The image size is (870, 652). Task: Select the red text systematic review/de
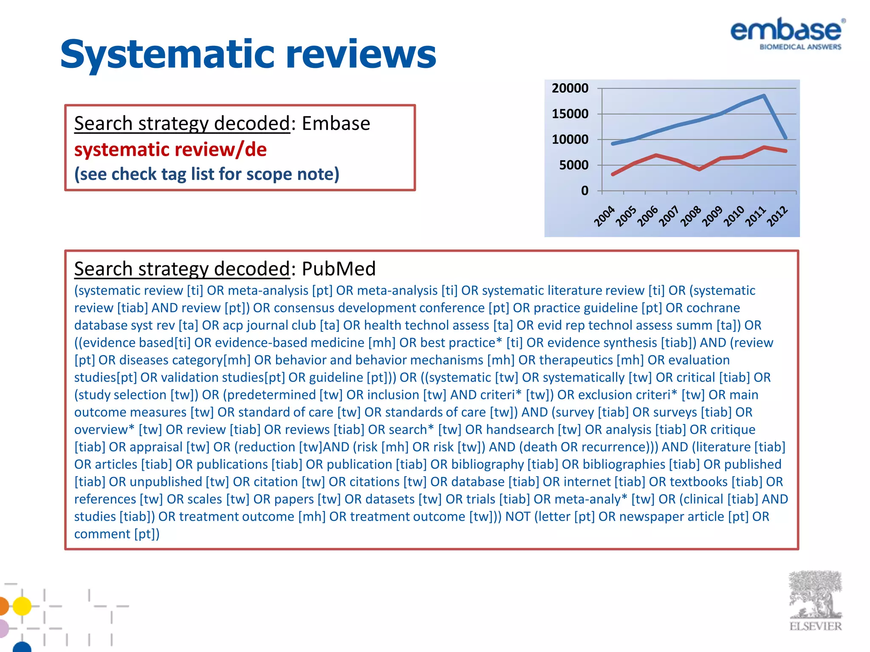tap(170, 149)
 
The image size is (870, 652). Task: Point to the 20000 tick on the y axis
tap(570, 88)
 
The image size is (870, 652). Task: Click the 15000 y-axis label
tap(570, 114)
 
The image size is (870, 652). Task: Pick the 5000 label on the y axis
tap(573, 165)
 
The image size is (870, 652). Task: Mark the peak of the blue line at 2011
tap(764, 96)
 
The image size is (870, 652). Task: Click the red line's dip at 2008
tap(699, 169)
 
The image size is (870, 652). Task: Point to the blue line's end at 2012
tap(785, 138)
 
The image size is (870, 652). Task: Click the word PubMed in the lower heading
tap(339, 269)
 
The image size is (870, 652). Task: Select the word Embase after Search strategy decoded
tap(336, 124)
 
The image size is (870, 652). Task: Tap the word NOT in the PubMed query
tap(517, 517)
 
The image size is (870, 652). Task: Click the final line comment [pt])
tap(117, 534)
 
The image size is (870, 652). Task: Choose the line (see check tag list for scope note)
tap(207, 174)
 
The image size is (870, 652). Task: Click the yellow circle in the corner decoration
tap(22, 606)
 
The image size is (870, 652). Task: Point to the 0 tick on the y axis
tap(585, 191)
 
